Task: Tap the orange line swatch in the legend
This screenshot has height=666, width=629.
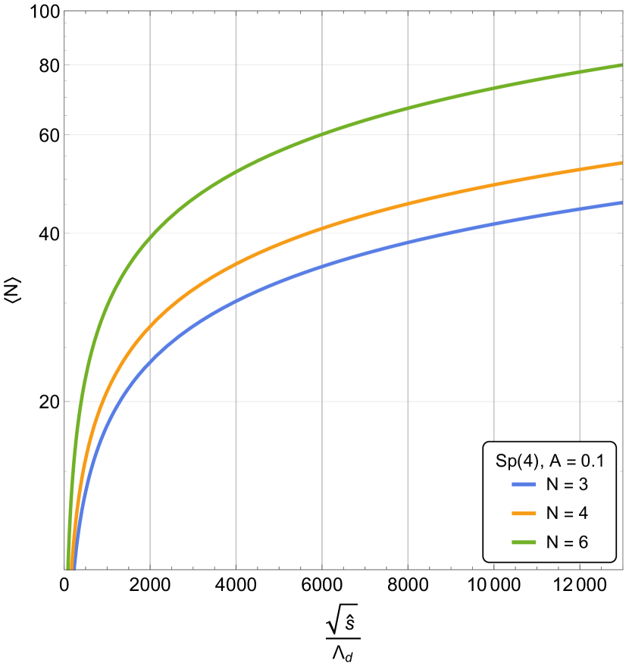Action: point(524,513)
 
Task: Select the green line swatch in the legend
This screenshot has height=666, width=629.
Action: point(524,542)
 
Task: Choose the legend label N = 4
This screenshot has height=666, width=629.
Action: point(567,513)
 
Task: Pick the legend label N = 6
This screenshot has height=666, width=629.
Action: point(567,542)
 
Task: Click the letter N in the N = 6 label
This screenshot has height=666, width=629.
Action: point(552,542)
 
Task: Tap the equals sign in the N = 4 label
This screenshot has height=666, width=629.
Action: point(568,513)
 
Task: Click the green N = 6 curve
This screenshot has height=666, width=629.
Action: point(322,134)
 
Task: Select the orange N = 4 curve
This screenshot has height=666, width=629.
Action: point(322,227)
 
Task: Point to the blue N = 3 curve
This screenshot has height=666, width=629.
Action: point(322,265)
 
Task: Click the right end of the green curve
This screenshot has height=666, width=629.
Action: point(621,65)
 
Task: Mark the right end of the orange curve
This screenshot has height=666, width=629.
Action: point(621,162)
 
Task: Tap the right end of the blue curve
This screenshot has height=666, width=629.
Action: point(621,202)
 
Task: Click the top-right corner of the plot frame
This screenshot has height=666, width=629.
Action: point(622,11)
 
